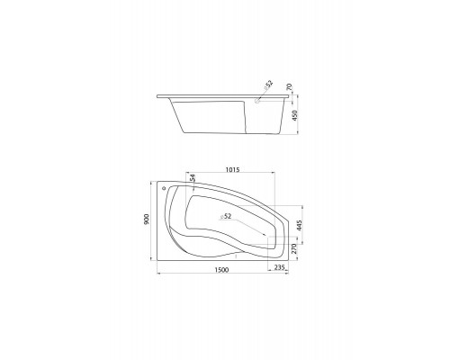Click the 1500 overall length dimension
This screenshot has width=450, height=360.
click(221, 270)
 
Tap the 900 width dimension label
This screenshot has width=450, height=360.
click(147, 220)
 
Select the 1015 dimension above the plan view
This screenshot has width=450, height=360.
click(232, 170)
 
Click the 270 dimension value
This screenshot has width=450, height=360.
click(294, 248)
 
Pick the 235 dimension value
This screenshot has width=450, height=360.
click(279, 267)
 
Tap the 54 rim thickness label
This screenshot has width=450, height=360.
click(193, 177)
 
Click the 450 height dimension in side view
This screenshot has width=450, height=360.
click(294, 115)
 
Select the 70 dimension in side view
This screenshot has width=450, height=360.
click(289, 87)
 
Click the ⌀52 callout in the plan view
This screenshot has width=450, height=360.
click(226, 216)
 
